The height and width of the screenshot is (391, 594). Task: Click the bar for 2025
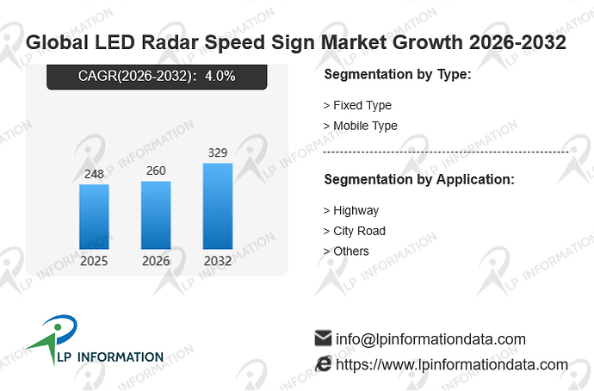click(x=94, y=217)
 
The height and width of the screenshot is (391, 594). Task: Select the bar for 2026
click(x=156, y=215)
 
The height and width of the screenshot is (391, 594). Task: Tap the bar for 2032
click(x=218, y=206)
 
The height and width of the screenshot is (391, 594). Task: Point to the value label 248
click(x=94, y=174)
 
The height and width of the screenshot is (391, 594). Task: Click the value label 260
click(x=156, y=171)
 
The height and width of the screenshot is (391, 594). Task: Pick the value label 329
click(x=218, y=152)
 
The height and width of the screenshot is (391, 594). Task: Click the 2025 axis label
click(x=94, y=261)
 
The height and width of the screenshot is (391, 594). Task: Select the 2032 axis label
click(x=218, y=261)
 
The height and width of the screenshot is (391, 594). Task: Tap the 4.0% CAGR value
click(x=220, y=76)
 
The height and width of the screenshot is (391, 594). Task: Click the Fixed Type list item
click(x=357, y=105)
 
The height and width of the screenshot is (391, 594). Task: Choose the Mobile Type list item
click(x=361, y=126)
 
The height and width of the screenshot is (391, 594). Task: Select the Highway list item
click(x=351, y=211)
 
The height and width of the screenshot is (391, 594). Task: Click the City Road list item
click(x=355, y=231)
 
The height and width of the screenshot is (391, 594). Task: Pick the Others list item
click(x=346, y=251)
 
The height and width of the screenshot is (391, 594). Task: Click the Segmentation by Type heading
click(x=398, y=74)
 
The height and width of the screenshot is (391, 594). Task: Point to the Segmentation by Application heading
click(x=419, y=179)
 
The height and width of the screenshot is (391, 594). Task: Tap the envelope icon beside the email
click(x=323, y=338)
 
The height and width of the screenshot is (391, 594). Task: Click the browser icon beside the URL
click(x=323, y=364)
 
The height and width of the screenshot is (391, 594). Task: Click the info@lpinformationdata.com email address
click(x=430, y=339)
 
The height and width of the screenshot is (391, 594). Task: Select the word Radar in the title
click(x=170, y=42)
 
